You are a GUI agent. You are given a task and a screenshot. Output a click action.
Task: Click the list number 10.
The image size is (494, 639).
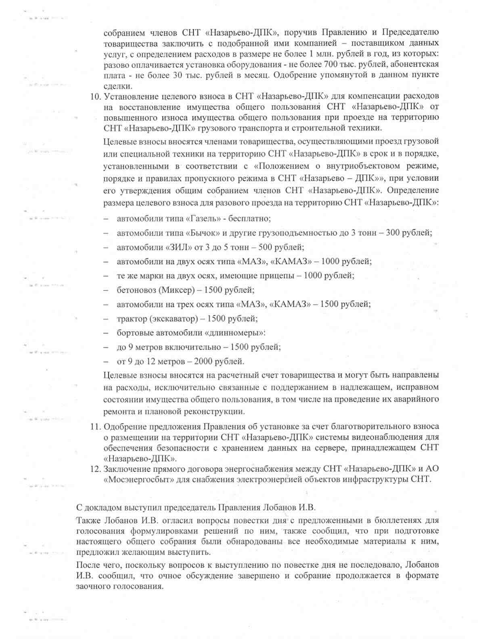(95, 96)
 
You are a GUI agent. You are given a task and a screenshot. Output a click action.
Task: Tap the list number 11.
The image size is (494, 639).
(95, 426)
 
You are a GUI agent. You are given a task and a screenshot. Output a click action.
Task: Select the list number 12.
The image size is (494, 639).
(95, 469)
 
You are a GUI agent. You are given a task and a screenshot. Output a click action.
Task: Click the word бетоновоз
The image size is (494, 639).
(136, 290)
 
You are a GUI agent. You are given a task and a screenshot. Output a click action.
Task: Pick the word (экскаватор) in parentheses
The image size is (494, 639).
(174, 319)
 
